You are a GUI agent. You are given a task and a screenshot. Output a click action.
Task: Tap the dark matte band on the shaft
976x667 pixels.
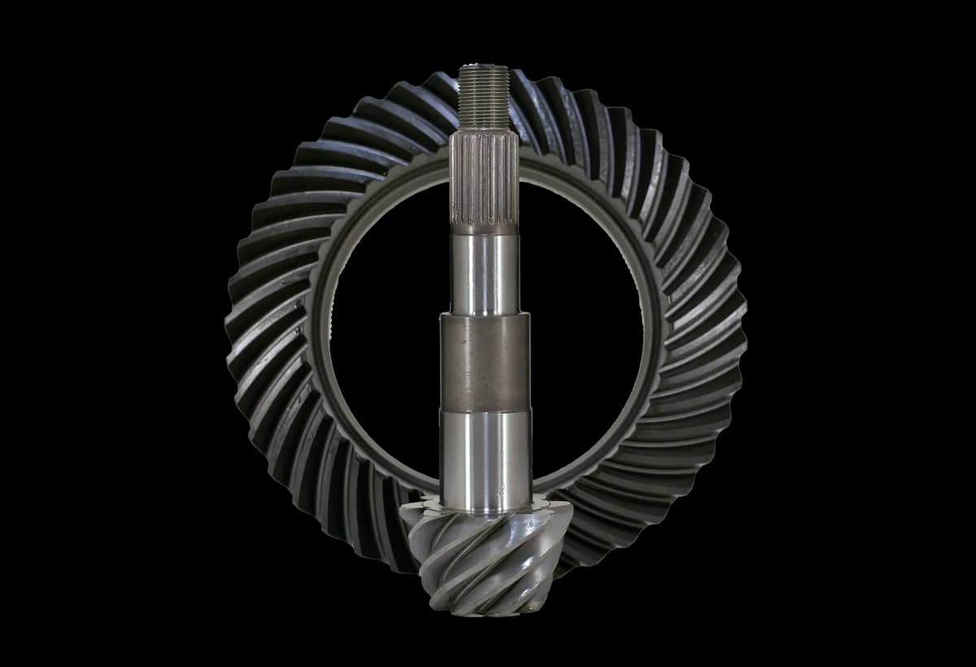point(484,362)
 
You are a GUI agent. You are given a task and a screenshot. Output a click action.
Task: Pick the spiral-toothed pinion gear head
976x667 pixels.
point(480,561)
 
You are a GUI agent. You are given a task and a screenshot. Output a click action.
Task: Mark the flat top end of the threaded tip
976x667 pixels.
point(483,68)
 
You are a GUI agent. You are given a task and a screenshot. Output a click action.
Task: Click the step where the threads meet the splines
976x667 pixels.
point(483,130)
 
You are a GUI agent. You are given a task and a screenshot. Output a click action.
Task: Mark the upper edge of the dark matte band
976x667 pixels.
point(484,314)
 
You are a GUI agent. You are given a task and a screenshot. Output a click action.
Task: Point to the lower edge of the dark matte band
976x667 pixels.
point(484,410)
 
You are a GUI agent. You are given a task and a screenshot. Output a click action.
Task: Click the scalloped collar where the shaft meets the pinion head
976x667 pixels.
point(485,508)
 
